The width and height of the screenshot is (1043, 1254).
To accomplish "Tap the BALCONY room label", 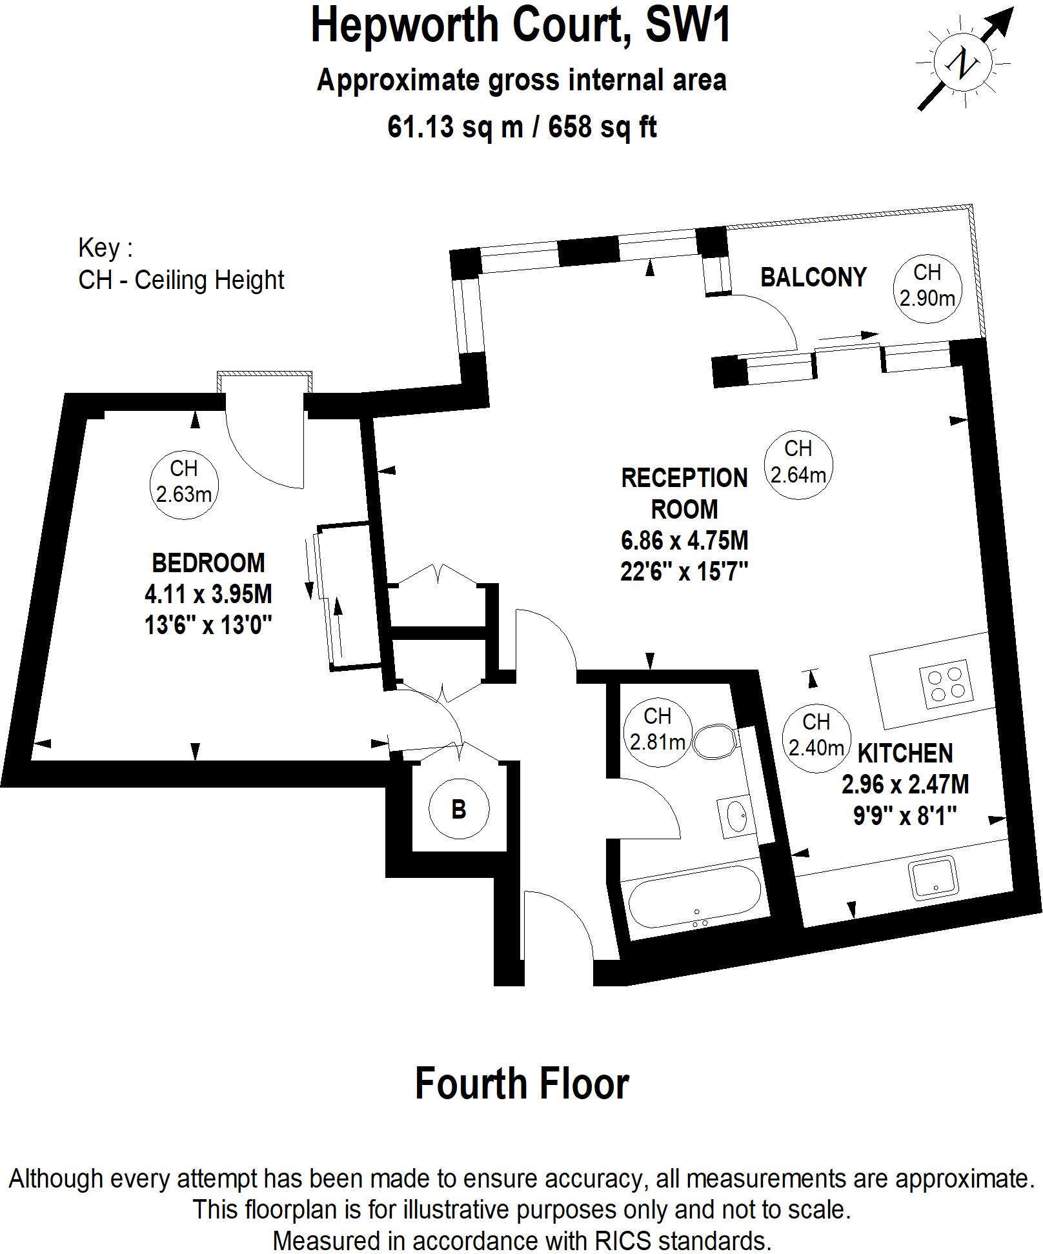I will coord(813,277).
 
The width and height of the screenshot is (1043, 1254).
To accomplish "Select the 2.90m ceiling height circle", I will coord(927,288).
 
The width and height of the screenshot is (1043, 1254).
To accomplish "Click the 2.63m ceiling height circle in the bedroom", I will coord(183,484).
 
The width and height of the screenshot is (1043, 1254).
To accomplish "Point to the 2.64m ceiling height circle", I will coord(798,464).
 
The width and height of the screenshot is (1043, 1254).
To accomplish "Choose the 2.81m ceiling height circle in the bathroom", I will coord(657,732).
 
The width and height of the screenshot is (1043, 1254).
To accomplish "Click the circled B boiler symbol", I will coord(458,809).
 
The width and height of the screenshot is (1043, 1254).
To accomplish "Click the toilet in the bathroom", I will coord(715,741).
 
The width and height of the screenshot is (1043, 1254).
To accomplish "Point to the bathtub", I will coord(694,897).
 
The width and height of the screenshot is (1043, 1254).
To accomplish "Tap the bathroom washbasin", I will coord(736,817).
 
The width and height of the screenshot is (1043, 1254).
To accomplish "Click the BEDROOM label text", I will coord(208,563).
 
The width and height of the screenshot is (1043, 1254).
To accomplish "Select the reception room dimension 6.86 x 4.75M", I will coord(684,541).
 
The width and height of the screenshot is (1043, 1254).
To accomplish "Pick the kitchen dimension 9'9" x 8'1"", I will coord(905,816).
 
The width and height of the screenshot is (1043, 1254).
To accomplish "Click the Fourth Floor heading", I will coord(521,1084).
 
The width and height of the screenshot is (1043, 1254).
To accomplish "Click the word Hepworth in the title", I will coord(405,26).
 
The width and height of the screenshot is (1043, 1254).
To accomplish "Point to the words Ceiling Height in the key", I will coord(209,280).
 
